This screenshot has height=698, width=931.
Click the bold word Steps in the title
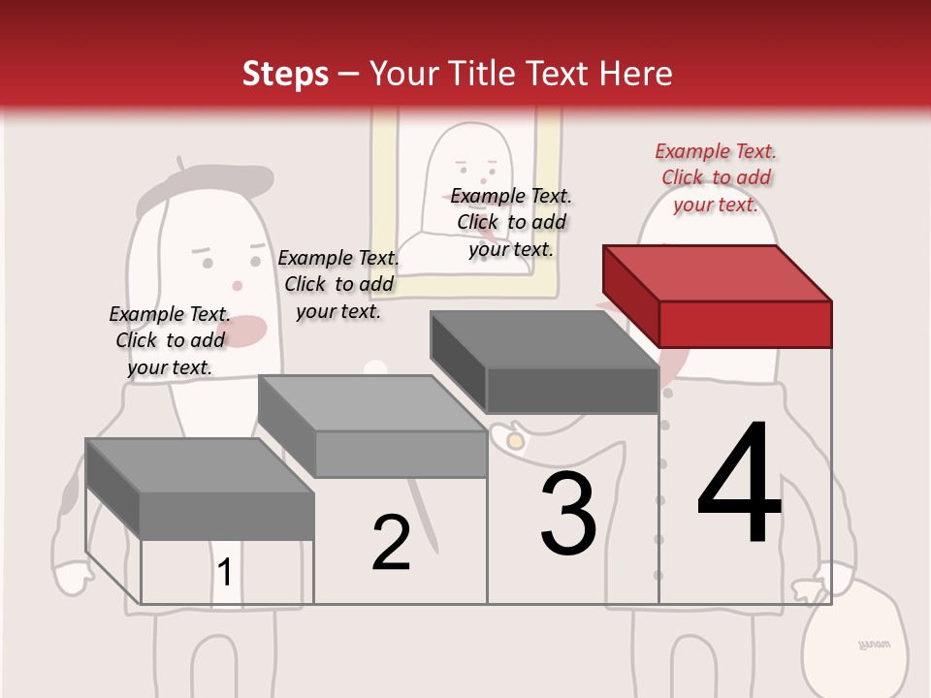click(x=285, y=74)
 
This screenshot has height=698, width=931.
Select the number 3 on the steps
click(x=568, y=514)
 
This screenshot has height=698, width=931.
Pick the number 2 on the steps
click(x=391, y=543)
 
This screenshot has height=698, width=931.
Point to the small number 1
click(x=224, y=572)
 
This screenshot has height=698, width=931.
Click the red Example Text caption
click(x=716, y=177)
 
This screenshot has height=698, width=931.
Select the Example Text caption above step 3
click(x=511, y=222)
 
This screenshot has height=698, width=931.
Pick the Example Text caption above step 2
click(x=338, y=284)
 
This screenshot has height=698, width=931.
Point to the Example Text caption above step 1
click(x=170, y=340)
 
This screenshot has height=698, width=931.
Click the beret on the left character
click(x=204, y=184)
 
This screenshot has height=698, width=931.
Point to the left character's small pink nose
click(x=237, y=286)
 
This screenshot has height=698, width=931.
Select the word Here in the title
click(x=636, y=74)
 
